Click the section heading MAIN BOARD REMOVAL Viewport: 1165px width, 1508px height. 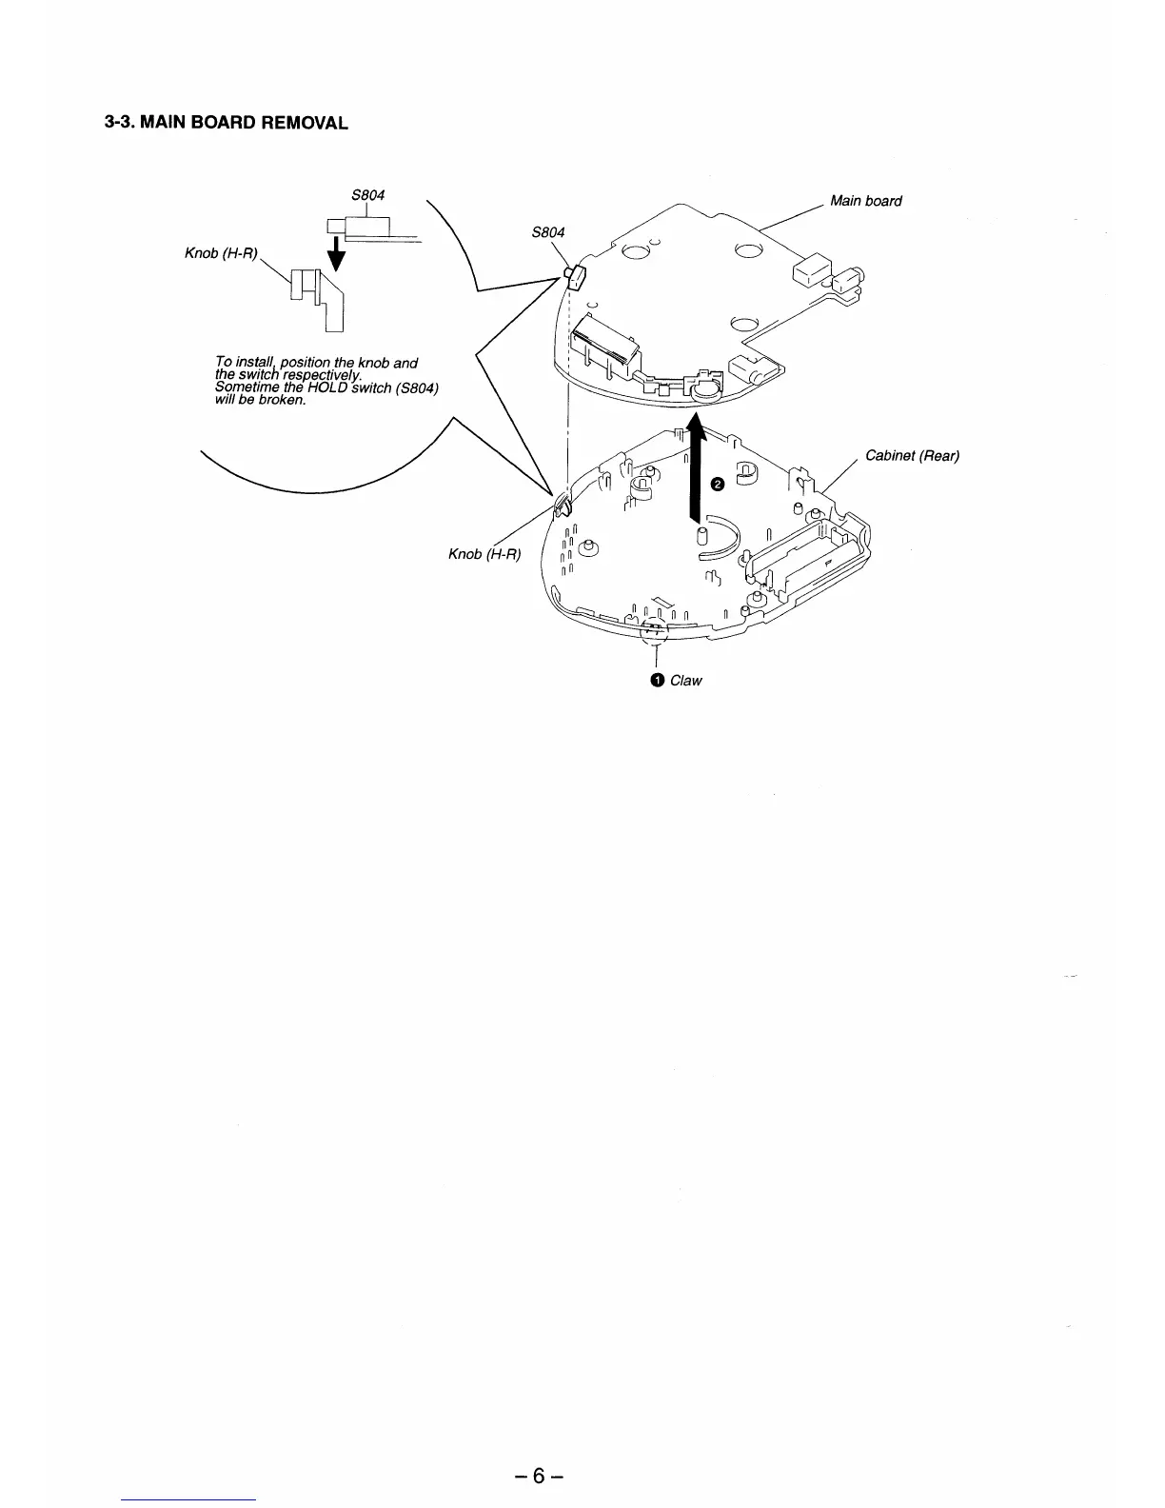tap(226, 123)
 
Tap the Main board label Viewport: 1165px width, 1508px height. tap(865, 201)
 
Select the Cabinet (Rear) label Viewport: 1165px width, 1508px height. tap(912, 455)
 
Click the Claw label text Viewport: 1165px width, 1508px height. tap(685, 680)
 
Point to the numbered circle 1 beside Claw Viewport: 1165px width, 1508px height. tap(657, 680)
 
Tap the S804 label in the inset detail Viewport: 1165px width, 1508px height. tap(367, 195)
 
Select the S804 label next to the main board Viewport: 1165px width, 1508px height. tap(548, 232)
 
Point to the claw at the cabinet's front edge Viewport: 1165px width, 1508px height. tap(654, 628)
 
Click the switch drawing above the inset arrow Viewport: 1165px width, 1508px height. tap(362, 228)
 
